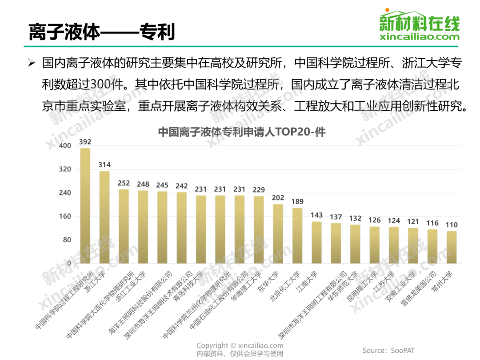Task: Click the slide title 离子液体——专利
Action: click(101, 32)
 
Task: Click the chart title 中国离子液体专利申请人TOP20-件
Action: click(242, 132)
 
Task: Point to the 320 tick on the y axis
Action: click(65, 169)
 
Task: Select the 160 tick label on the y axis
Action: click(65, 216)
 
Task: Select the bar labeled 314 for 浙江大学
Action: click(104, 218)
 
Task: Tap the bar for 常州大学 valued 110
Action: click(452, 247)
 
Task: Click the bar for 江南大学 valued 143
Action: click(316, 243)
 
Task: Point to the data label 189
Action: click(297, 202)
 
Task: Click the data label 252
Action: click(124, 183)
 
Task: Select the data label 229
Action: click(259, 190)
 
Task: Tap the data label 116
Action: click(432, 223)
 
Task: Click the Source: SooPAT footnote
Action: click(388, 351)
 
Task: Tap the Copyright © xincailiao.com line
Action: click(240, 345)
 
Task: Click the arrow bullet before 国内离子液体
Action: click(31, 63)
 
